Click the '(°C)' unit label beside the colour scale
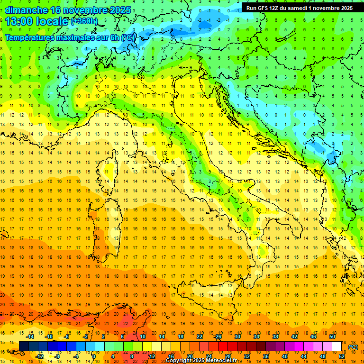[x=353, y=347]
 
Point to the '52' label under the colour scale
[x=342, y=356]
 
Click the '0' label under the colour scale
[x=94, y=356]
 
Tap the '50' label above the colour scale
[x=332, y=337]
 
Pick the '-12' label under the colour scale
[x=39, y=356]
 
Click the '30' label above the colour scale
[x=237, y=337]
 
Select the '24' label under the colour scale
[x=209, y=356]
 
